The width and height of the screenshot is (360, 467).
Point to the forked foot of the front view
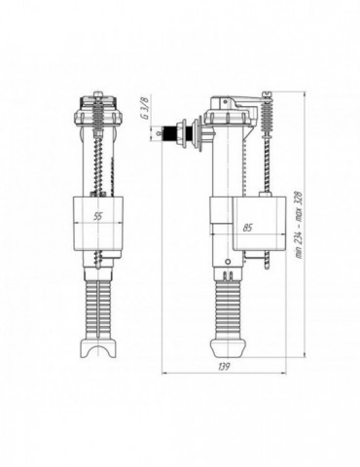coord(98,347)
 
